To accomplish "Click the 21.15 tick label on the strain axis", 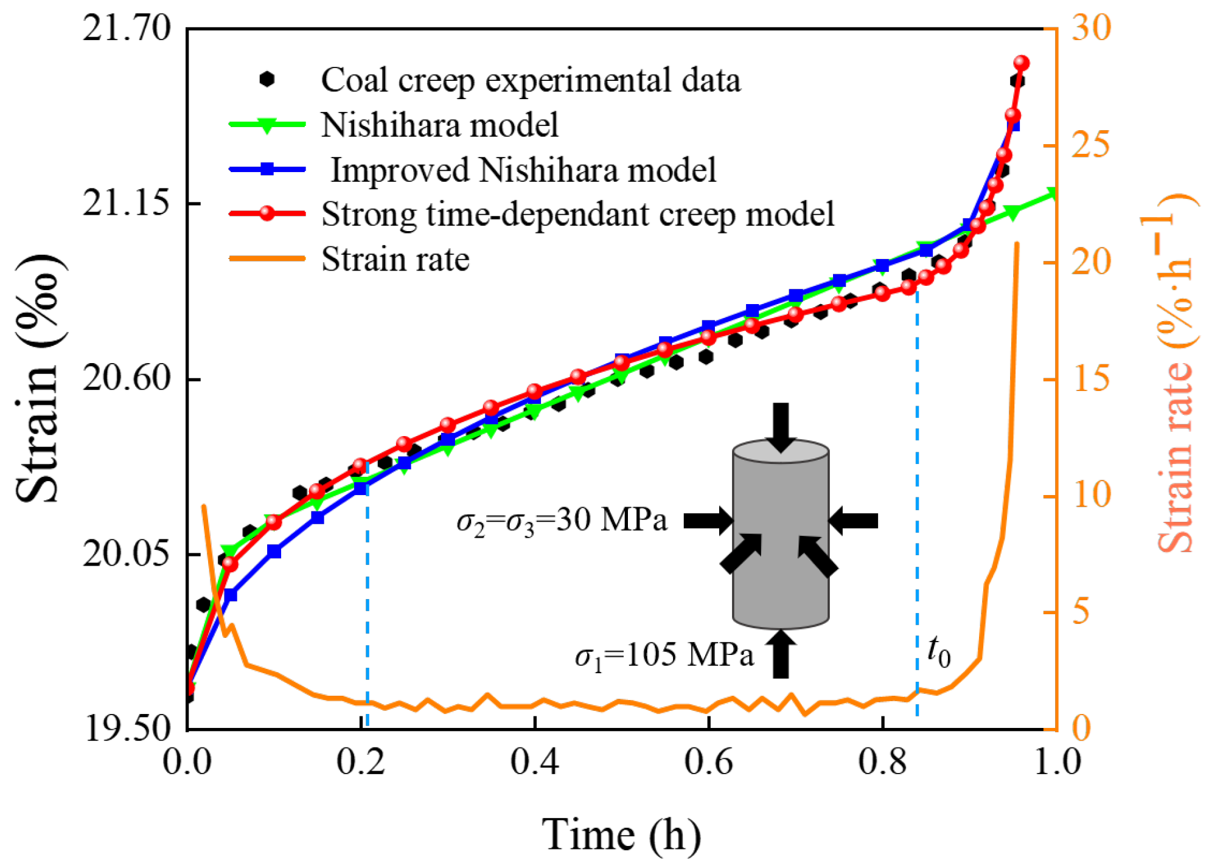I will point(127,203).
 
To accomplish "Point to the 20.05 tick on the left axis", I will point(127,555).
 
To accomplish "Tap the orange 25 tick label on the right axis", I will point(1090,146).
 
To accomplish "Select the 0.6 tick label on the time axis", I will point(708,761).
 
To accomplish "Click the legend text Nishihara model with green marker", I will point(439,125).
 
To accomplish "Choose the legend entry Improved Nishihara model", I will point(523,170).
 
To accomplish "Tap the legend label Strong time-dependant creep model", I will point(577,214).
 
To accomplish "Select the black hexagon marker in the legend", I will point(267,80).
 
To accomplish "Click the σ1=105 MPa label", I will point(664,656).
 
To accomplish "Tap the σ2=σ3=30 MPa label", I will point(562,521).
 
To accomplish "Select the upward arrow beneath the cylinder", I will point(781,654).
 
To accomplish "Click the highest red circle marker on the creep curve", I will point(1022,63).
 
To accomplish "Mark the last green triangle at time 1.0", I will point(1052,194).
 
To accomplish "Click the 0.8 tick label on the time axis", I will point(882,761).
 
